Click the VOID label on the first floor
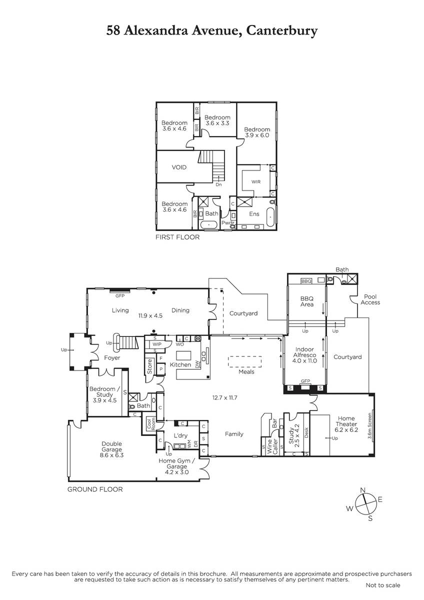click(x=179, y=167)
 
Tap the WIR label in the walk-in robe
click(x=256, y=182)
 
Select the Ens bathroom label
click(x=254, y=214)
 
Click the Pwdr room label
click(x=228, y=223)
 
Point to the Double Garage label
click(x=111, y=446)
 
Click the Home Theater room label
click(x=346, y=421)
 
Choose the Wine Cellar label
click(x=272, y=446)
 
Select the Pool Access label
click(x=370, y=299)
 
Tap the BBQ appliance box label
click(x=306, y=281)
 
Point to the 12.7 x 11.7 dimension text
click(x=224, y=398)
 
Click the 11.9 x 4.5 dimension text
click(x=150, y=316)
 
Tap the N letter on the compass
click(x=363, y=490)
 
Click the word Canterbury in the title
click(x=282, y=30)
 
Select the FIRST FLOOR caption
click(x=177, y=237)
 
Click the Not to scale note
click(x=383, y=585)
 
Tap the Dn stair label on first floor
click(x=219, y=184)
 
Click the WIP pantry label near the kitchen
click(x=157, y=344)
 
